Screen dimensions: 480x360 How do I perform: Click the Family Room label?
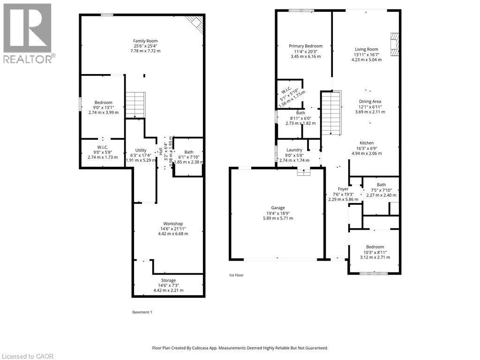pos(145,41)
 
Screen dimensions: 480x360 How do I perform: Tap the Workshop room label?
pos(173,224)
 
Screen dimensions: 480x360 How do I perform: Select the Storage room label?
pos(168,280)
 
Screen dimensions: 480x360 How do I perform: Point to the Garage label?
pos(278,208)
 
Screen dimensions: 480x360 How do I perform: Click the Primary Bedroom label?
pos(306,46)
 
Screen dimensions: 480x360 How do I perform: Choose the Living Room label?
pos(367,49)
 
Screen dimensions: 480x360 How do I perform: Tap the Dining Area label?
pos(370,101)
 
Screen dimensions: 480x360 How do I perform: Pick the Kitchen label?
pos(367,143)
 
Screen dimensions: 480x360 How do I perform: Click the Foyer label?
pos(343,189)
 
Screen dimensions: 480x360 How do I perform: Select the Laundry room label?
pos(294,150)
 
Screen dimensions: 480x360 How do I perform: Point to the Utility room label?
pos(141,150)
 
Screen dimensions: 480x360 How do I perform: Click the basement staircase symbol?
pos(135,105)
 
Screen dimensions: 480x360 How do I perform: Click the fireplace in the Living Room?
pos(394,45)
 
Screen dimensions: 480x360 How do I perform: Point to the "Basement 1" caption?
pos(142,312)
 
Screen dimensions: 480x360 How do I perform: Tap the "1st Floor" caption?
pos(236,275)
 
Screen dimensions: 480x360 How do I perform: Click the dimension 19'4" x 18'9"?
pos(278,213)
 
